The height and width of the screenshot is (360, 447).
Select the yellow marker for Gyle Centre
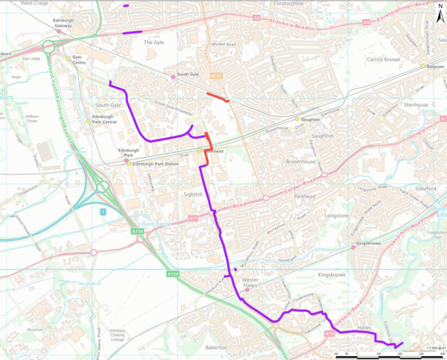[x=67, y=58]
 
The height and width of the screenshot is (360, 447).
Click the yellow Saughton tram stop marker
[x=297, y=119]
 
